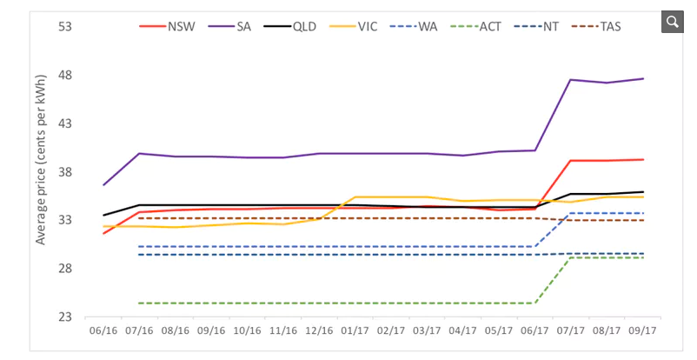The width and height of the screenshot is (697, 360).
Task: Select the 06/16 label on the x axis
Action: tap(103, 331)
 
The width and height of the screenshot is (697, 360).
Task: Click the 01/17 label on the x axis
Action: tap(354, 331)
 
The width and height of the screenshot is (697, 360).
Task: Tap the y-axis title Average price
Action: tap(41, 172)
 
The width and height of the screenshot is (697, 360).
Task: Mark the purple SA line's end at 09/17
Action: tap(642, 78)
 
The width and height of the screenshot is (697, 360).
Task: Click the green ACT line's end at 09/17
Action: tap(642, 257)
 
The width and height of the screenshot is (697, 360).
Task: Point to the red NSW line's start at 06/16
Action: tap(103, 233)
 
